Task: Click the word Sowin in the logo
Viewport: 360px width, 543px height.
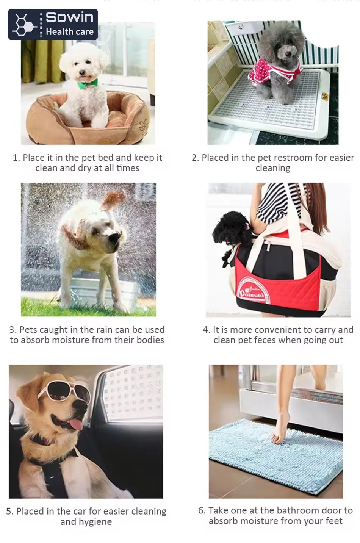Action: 69,17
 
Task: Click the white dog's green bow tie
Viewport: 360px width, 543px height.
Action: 88,83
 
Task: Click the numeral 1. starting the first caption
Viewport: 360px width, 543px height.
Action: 17,158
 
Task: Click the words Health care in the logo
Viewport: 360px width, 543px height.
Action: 70,31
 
